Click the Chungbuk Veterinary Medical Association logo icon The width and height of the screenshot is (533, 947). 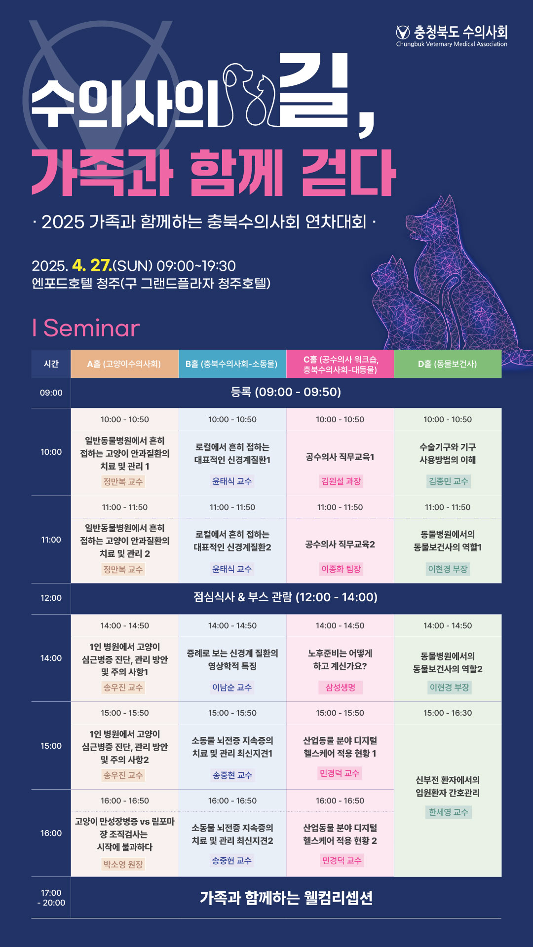(403, 33)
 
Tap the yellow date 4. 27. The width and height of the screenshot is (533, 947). (92, 265)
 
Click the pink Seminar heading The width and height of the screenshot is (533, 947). (86, 328)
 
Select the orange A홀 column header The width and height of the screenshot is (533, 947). (124, 364)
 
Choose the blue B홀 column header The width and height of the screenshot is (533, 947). (232, 364)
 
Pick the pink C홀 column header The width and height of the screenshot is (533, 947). (340, 364)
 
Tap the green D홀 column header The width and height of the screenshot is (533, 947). (448, 364)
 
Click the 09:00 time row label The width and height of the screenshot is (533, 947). (51, 393)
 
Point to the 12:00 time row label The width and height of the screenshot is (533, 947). (51, 598)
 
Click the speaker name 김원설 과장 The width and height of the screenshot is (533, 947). (341, 481)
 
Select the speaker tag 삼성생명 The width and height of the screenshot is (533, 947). (341, 688)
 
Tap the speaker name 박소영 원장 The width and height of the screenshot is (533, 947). (123, 864)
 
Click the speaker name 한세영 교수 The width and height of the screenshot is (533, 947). (449, 812)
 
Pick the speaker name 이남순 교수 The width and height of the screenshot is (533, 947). (232, 688)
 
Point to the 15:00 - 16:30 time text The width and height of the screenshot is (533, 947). (448, 713)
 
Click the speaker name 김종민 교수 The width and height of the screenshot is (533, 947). (449, 481)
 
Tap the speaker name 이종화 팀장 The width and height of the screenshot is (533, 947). (341, 569)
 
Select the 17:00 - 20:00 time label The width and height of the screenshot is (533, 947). (51, 898)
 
